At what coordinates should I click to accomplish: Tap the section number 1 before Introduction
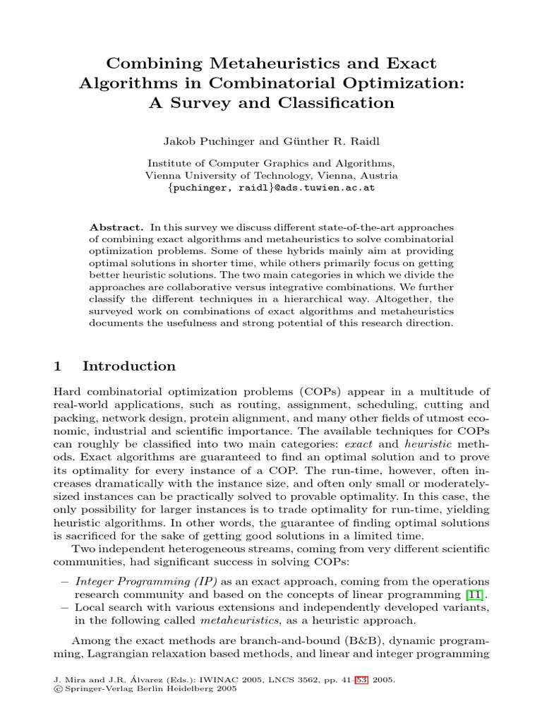click(x=59, y=366)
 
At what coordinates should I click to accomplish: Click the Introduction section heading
click(x=129, y=366)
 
